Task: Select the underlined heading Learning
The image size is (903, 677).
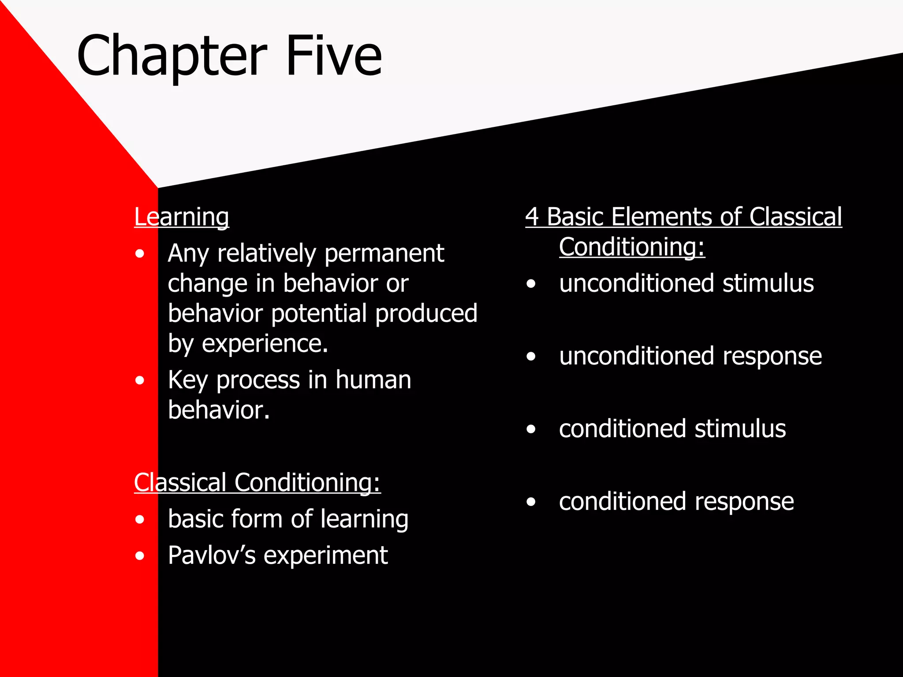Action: [x=181, y=217]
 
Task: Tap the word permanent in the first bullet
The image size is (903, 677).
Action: [x=384, y=253]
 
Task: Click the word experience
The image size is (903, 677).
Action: [x=265, y=344]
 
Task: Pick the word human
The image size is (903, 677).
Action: [x=373, y=380]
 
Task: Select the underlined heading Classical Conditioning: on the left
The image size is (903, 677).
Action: [x=257, y=483]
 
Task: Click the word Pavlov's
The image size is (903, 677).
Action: [x=212, y=555]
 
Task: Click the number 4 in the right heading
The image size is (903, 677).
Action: [x=532, y=217]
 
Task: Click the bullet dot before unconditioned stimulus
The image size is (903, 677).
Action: [x=531, y=284]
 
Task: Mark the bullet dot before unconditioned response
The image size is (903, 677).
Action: [x=531, y=357]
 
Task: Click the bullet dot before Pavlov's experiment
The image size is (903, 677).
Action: [x=140, y=556]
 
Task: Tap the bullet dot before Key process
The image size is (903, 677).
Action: [x=140, y=380]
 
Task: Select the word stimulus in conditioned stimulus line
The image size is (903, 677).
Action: [x=740, y=429]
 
